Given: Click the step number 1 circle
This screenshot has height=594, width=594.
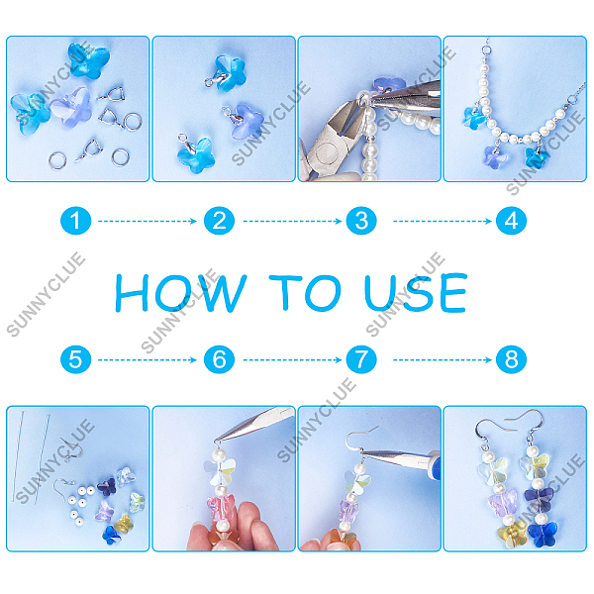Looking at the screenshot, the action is pyautogui.click(x=76, y=221).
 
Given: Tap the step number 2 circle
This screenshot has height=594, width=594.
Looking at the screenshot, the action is pyautogui.click(x=219, y=221).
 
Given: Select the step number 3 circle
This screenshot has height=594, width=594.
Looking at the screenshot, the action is pyautogui.click(x=361, y=221).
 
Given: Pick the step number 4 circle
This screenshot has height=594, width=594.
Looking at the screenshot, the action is pyautogui.click(x=511, y=221).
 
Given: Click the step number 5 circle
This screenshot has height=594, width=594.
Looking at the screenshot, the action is pyautogui.click(x=76, y=359).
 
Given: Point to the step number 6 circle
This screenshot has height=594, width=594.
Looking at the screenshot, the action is pyautogui.click(x=219, y=359).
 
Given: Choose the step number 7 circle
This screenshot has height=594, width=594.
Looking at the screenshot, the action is pyautogui.click(x=361, y=359).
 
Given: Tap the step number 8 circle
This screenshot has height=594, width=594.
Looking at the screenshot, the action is pyautogui.click(x=511, y=359).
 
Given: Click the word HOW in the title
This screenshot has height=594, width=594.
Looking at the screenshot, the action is pyautogui.click(x=181, y=293).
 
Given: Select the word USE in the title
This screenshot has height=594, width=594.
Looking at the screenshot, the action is pyautogui.click(x=416, y=293).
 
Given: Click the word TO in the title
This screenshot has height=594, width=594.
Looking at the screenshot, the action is pyautogui.click(x=305, y=293).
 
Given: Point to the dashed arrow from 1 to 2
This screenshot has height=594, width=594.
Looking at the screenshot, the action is pyautogui.click(x=148, y=221).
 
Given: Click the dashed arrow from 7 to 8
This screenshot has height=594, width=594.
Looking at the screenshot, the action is pyautogui.click(x=443, y=359).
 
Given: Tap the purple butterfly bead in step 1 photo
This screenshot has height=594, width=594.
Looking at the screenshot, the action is pyautogui.click(x=72, y=108).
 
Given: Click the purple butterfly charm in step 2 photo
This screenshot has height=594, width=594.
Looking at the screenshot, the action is pyautogui.click(x=247, y=121).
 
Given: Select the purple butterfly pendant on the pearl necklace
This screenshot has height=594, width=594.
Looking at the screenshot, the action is pyautogui.click(x=495, y=157).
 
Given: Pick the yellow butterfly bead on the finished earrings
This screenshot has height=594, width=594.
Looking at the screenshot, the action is pyautogui.click(x=512, y=535).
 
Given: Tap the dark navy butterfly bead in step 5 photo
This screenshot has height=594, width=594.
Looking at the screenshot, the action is pyautogui.click(x=107, y=487).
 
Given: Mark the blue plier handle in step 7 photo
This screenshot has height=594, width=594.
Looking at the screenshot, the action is pyautogui.click(x=436, y=465).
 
